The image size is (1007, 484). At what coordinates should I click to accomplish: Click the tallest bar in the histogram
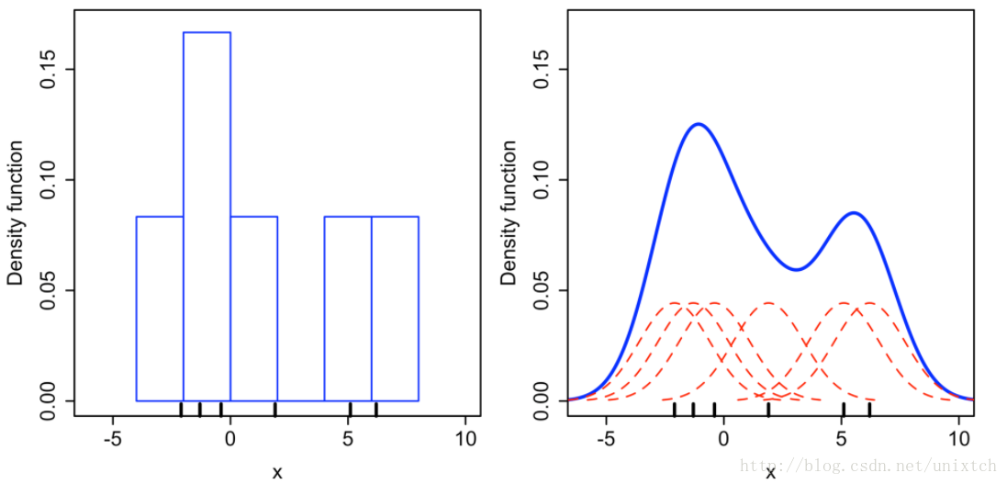tap(207, 216)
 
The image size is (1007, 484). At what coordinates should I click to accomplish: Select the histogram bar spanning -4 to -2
tap(160, 308)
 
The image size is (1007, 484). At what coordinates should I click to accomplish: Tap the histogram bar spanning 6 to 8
tap(395, 308)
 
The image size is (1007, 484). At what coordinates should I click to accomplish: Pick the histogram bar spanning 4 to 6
tap(348, 308)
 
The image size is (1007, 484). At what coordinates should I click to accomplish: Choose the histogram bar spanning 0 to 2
tap(253, 308)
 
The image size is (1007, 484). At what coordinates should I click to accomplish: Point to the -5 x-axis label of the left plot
tap(113, 438)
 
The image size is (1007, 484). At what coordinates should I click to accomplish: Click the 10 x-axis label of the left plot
tap(465, 438)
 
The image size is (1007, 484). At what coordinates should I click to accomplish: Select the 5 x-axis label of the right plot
tap(842, 438)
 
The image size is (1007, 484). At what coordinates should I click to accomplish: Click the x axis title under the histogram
tap(277, 472)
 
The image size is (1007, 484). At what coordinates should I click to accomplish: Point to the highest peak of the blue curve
tap(699, 124)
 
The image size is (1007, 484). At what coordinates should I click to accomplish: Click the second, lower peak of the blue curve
tap(854, 213)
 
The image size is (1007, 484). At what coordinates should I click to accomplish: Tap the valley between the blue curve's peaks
tap(797, 269)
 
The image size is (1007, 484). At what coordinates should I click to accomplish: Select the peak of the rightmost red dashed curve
tap(868, 302)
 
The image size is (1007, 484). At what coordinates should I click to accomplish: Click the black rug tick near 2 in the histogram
tap(275, 409)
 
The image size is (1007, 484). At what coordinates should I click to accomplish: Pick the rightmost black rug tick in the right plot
tap(869, 409)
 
